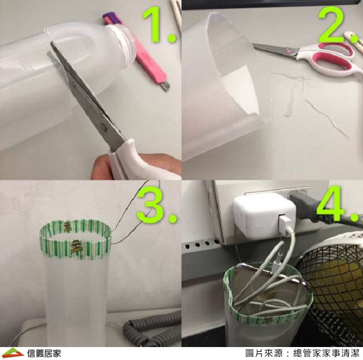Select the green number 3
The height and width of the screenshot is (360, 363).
[x=151, y=205]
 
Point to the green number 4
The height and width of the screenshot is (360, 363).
[x=333, y=204]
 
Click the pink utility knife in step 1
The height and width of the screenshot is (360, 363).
[x=136, y=51]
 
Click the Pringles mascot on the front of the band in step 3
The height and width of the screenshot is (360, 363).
[x=76, y=248]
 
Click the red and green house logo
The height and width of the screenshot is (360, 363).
[x=13, y=353]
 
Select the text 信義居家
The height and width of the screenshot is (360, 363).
[x=44, y=353]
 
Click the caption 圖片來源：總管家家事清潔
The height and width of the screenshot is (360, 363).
[x=302, y=353]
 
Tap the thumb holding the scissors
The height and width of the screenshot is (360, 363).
[x=102, y=166]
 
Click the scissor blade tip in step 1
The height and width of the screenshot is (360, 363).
[x=51, y=42]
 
